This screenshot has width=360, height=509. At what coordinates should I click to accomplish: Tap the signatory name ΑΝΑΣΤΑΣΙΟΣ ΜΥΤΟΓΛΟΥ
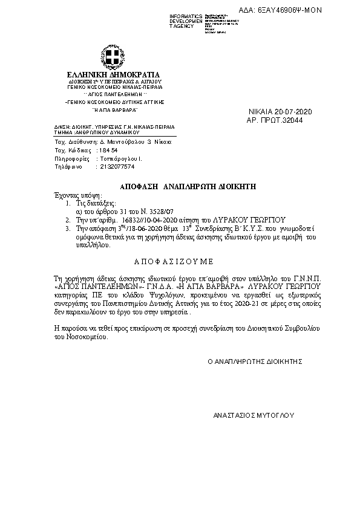point(254,416)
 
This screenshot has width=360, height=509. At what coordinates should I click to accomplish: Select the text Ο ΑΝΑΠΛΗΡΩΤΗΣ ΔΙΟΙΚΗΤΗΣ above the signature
point(255,361)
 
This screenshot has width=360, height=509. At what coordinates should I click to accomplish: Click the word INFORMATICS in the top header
point(186,15)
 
